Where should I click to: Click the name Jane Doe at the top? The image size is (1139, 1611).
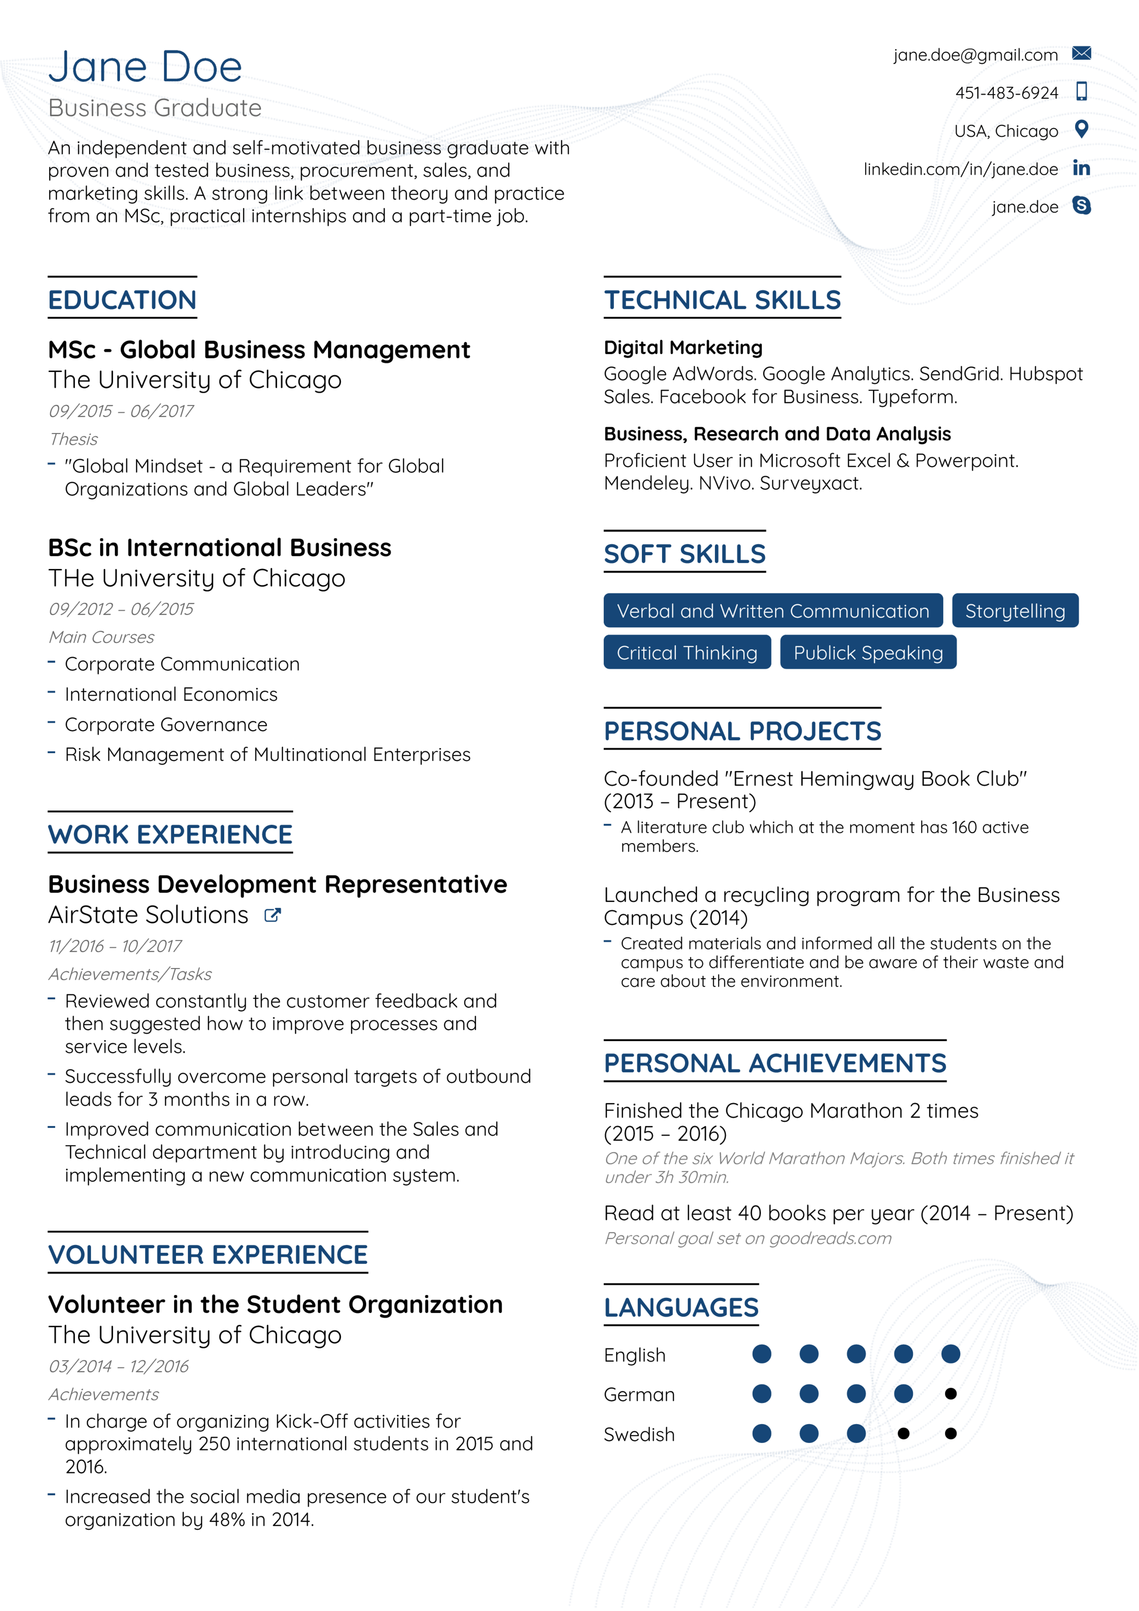click(x=145, y=67)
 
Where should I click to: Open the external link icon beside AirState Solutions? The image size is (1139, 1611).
click(x=272, y=915)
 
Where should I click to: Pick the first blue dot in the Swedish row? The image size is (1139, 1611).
click(x=761, y=1433)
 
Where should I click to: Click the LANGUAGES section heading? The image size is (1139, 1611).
click(x=681, y=1307)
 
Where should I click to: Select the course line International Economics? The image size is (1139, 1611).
click(x=171, y=694)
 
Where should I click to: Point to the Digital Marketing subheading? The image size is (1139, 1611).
click(x=683, y=347)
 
